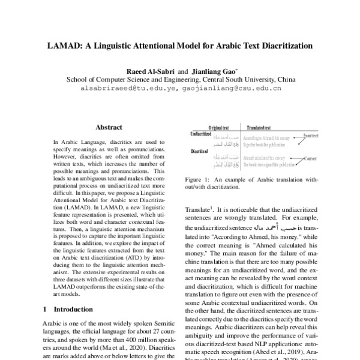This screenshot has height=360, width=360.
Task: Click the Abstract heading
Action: [108, 127]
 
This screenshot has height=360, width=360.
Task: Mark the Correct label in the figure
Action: [311, 158]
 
